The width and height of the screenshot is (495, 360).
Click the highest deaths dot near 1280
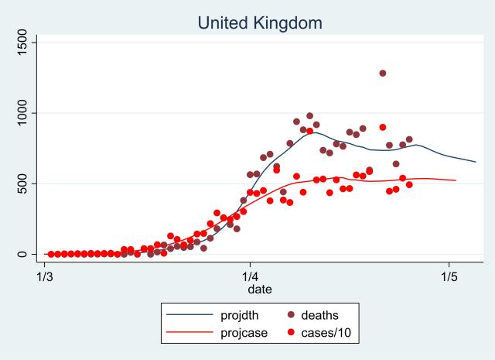pos(383,74)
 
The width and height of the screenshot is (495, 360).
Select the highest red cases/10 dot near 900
pos(383,127)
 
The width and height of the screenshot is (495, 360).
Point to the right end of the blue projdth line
pos(476,162)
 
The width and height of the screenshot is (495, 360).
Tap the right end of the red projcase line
pos(456,180)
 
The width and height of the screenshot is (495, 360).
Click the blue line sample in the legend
pos(190,315)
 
